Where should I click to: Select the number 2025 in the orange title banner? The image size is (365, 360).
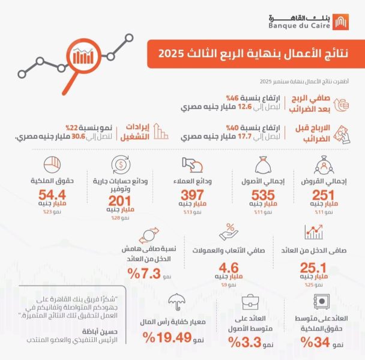click(x=172, y=55)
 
